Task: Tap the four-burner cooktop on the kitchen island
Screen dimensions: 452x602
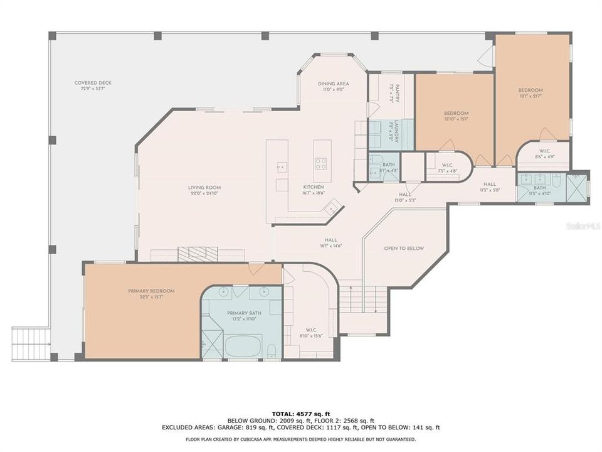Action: click(320, 164)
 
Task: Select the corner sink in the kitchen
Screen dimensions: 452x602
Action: click(335, 207)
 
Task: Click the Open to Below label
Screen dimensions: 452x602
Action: click(404, 249)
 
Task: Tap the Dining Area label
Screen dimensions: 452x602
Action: click(333, 83)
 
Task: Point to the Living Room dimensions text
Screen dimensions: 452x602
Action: click(204, 194)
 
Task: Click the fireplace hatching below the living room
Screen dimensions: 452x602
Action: click(198, 254)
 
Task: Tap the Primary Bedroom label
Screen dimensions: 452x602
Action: click(151, 291)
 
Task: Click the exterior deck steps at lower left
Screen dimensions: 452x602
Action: click(30, 344)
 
